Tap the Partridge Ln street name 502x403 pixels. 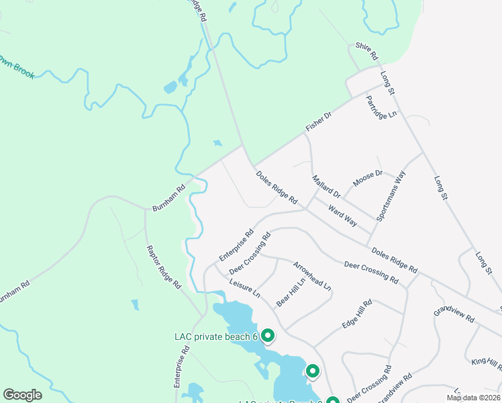point(381,105)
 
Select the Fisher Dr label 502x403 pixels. point(319,122)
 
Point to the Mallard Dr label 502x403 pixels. point(327,187)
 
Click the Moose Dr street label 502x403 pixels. point(367,179)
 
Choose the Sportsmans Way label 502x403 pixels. point(391,196)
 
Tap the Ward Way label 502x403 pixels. point(342,216)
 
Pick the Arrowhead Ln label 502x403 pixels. point(312,275)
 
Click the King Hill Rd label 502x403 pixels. point(487,364)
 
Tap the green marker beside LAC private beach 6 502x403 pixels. point(268,335)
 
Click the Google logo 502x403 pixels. point(22,395)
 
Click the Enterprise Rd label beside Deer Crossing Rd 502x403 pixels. point(236,247)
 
